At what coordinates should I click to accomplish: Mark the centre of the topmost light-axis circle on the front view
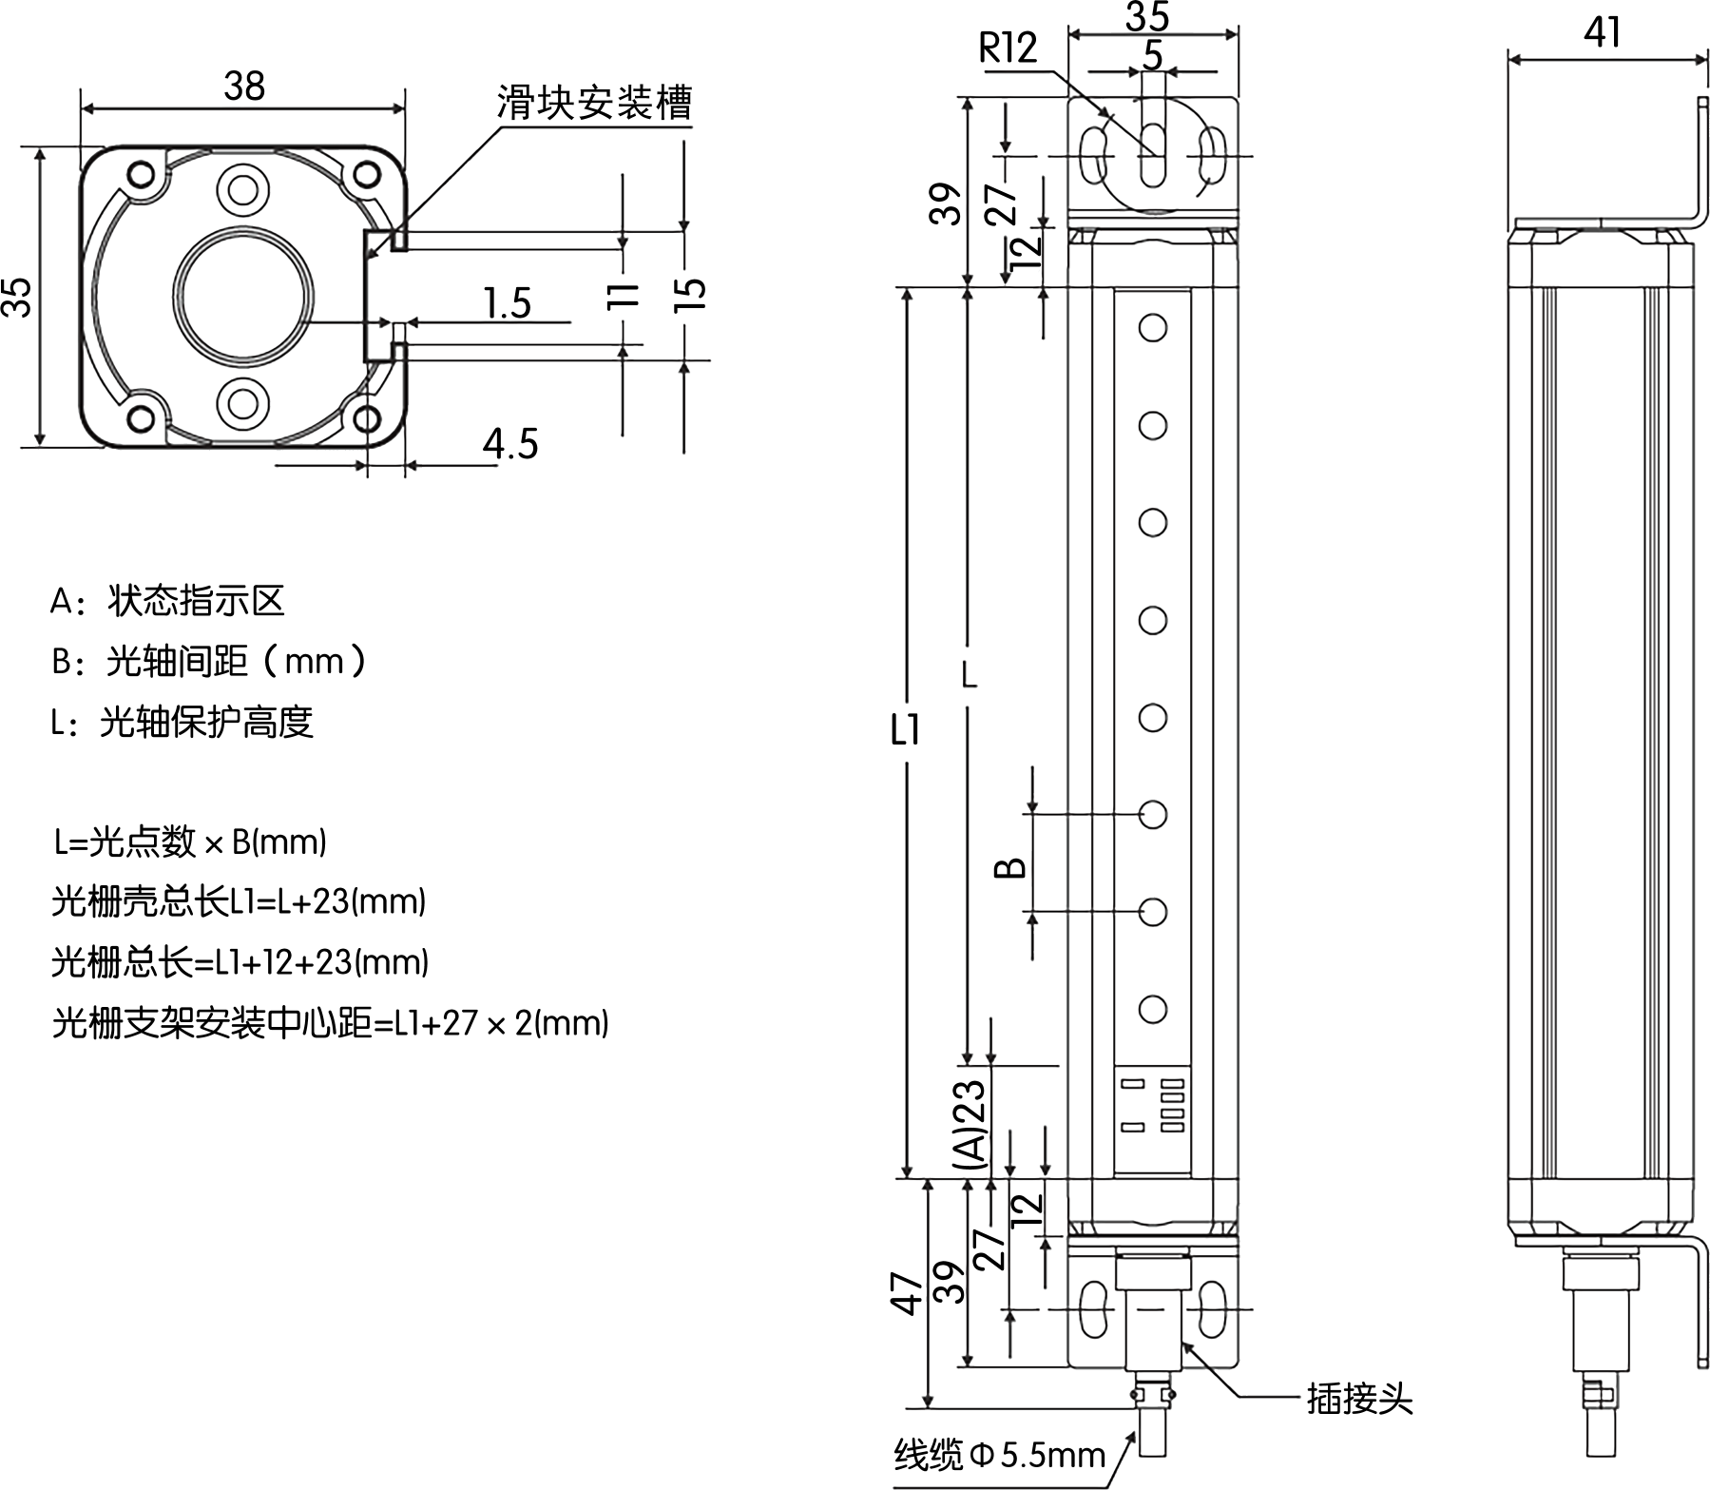tap(1152, 328)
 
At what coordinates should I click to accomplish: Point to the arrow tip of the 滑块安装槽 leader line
tap(366, 257)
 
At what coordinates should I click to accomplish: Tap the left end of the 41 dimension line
tap(1510, 60)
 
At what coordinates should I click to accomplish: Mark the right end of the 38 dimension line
tap(405, 106)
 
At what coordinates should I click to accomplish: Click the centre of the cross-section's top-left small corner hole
tap(141, 174)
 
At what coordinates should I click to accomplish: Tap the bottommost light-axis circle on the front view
tap(1152, 1010)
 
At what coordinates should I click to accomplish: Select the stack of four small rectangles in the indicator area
tap(1173, 1105)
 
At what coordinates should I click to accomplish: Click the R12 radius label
tap(1008, 48)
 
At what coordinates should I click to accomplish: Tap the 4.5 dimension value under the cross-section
tap(510, 444)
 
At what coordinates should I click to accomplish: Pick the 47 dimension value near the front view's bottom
tap(908, 1292)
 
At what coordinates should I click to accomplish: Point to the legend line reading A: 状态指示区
tap(167, 601)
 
